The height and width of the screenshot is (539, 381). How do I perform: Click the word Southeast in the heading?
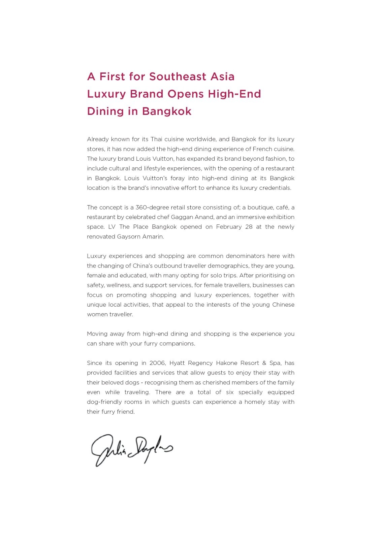(178, 76)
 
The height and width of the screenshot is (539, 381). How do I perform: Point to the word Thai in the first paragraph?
(156, 139)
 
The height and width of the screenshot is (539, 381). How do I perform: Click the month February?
(229, 227)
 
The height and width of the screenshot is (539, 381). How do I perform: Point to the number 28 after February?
(249, 227)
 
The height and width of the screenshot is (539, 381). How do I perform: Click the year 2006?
(158, 363)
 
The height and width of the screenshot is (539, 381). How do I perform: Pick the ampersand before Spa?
(264, 363)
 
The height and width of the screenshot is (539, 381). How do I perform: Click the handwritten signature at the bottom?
(132, 450)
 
